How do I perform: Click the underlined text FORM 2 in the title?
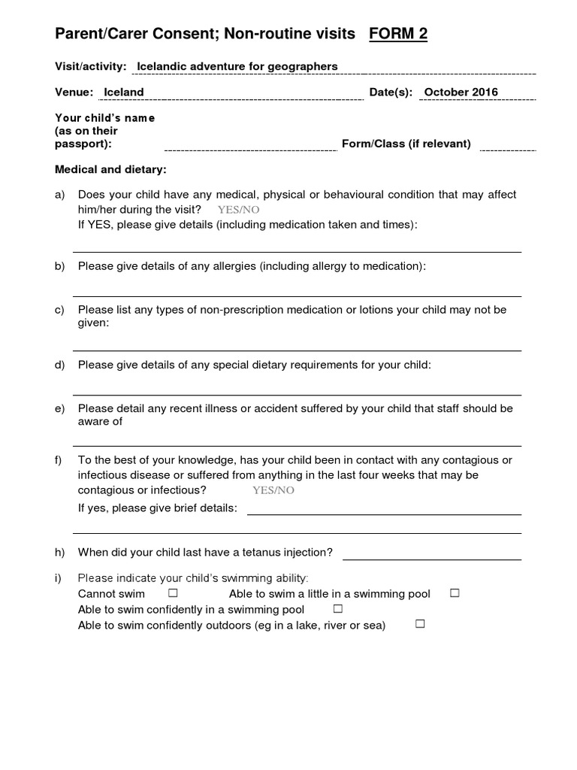(x=398, y=34)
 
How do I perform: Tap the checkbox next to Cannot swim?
(x=173, y=593)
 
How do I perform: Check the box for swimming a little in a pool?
(x=454, y=593)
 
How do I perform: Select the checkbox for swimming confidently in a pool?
(x=337, y=608)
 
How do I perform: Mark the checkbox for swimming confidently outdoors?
(x=420, y=624)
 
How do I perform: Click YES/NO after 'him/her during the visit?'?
(x=239, y=210)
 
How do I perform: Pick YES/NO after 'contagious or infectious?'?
(x=273, y=490)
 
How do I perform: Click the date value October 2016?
(x=461, y=92)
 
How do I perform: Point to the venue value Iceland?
(x=124, y=92)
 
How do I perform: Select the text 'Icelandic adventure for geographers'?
(x=237, y=67)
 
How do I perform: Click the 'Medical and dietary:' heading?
(x=111, y=169)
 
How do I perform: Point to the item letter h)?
(x=60, y=553)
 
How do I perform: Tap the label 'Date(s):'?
(x=391, y=92)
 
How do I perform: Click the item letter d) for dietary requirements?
(x=60, y=365)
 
